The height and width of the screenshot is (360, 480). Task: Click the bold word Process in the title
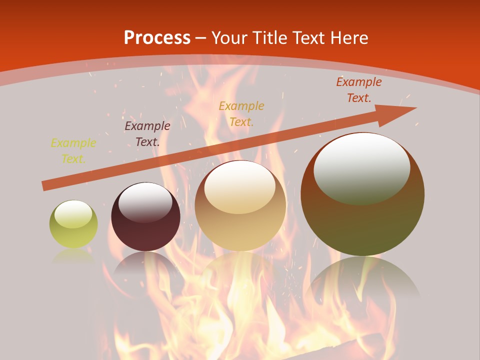(157, 38)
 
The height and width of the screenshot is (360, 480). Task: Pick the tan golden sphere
(240, 220)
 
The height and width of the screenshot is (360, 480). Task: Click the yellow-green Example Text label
(73, 151)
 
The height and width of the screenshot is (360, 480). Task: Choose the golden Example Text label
(241, 113)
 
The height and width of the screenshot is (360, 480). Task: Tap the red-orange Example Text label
(358, 90)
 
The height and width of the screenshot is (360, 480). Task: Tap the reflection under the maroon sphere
(145, 265)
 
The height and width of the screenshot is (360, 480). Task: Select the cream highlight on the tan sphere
(240, 187)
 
